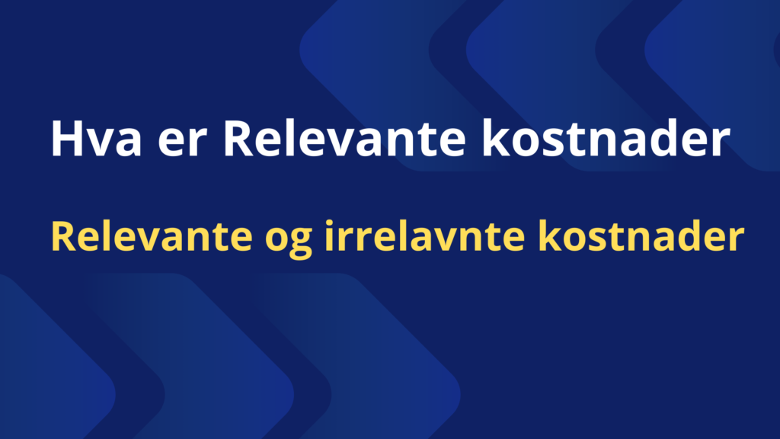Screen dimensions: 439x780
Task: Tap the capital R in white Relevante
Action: point(239,139)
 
